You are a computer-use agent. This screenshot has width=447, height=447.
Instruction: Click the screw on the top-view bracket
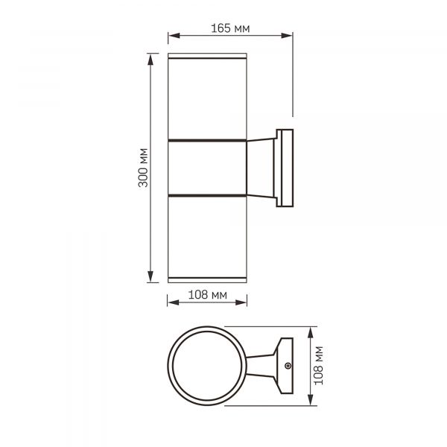288,366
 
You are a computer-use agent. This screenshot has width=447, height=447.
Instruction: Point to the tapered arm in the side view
260,168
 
